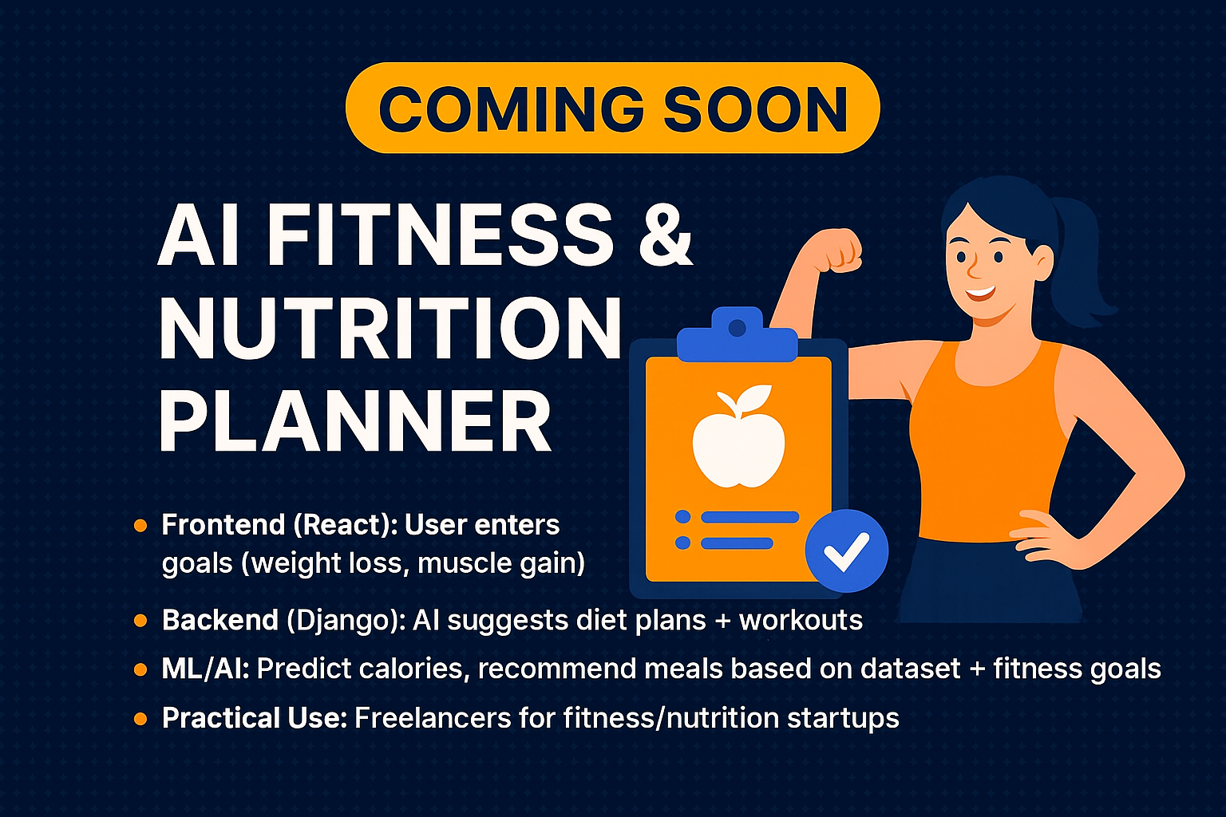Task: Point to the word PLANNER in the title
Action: click(355, 421)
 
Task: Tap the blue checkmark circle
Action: click(846, 551)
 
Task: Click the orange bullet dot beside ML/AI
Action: click(140, 669)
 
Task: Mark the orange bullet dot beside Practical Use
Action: click(140, 719)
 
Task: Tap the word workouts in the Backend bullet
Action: click(801, 621)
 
